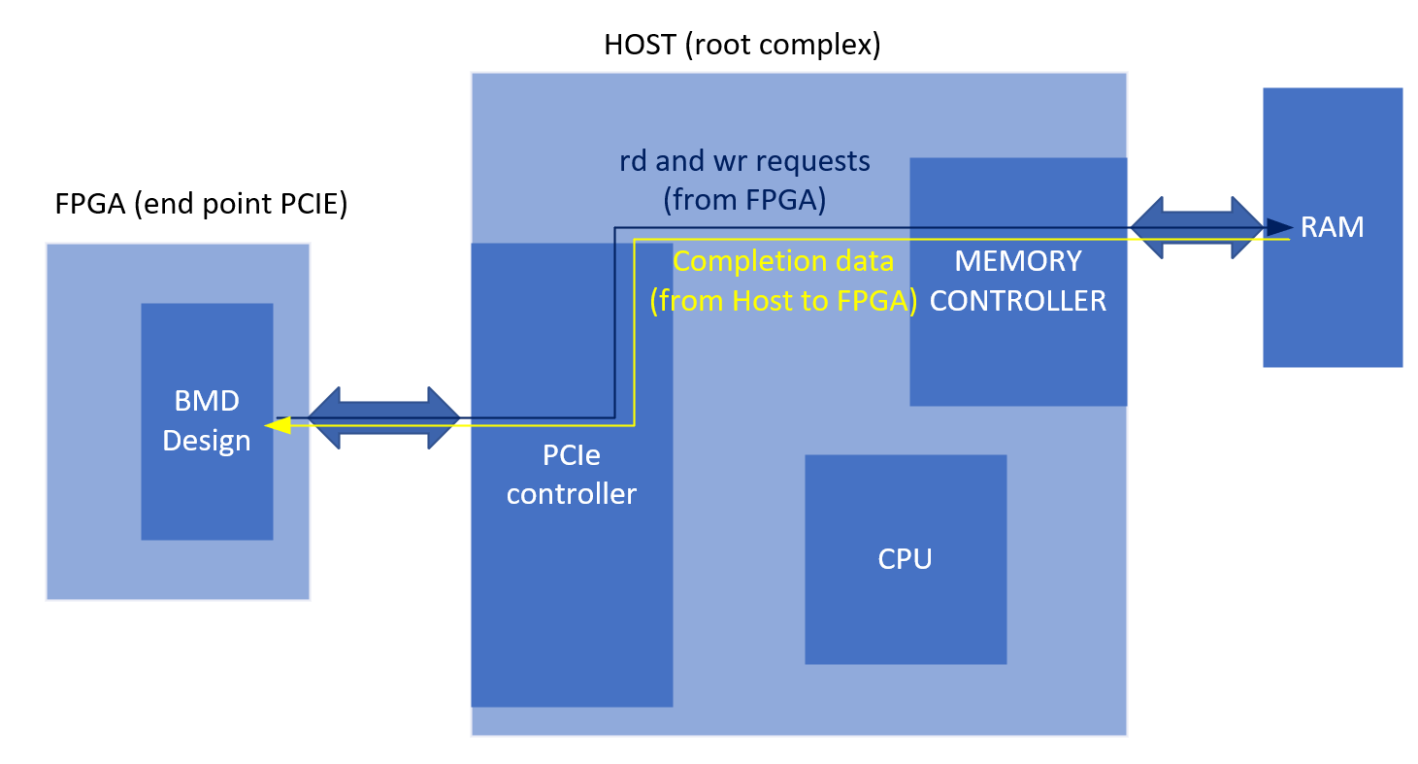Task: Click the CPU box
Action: click(x=905, y=559)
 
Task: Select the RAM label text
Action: click(x=1333, y=226)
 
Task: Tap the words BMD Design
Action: click(x=206, y=420)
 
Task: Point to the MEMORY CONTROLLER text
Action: click(x=1017, y=280)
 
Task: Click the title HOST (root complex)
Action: click(x=742, y=45)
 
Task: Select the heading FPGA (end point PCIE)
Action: click(x=201, y=206)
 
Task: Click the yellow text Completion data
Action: click(x=782, y=261)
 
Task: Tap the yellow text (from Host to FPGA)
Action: click(x=783, y=301)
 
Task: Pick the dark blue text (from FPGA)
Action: click(x=744, y=199)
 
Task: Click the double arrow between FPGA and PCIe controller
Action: click(x=383, y=418)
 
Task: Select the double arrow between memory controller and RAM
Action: click(x=1197, y=228)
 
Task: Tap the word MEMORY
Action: click(x=1017, y=260)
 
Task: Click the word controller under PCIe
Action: click(x=571, y=494)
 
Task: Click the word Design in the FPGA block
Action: click(x=206, y=441)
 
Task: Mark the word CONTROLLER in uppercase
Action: click(x=1017, y=301)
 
